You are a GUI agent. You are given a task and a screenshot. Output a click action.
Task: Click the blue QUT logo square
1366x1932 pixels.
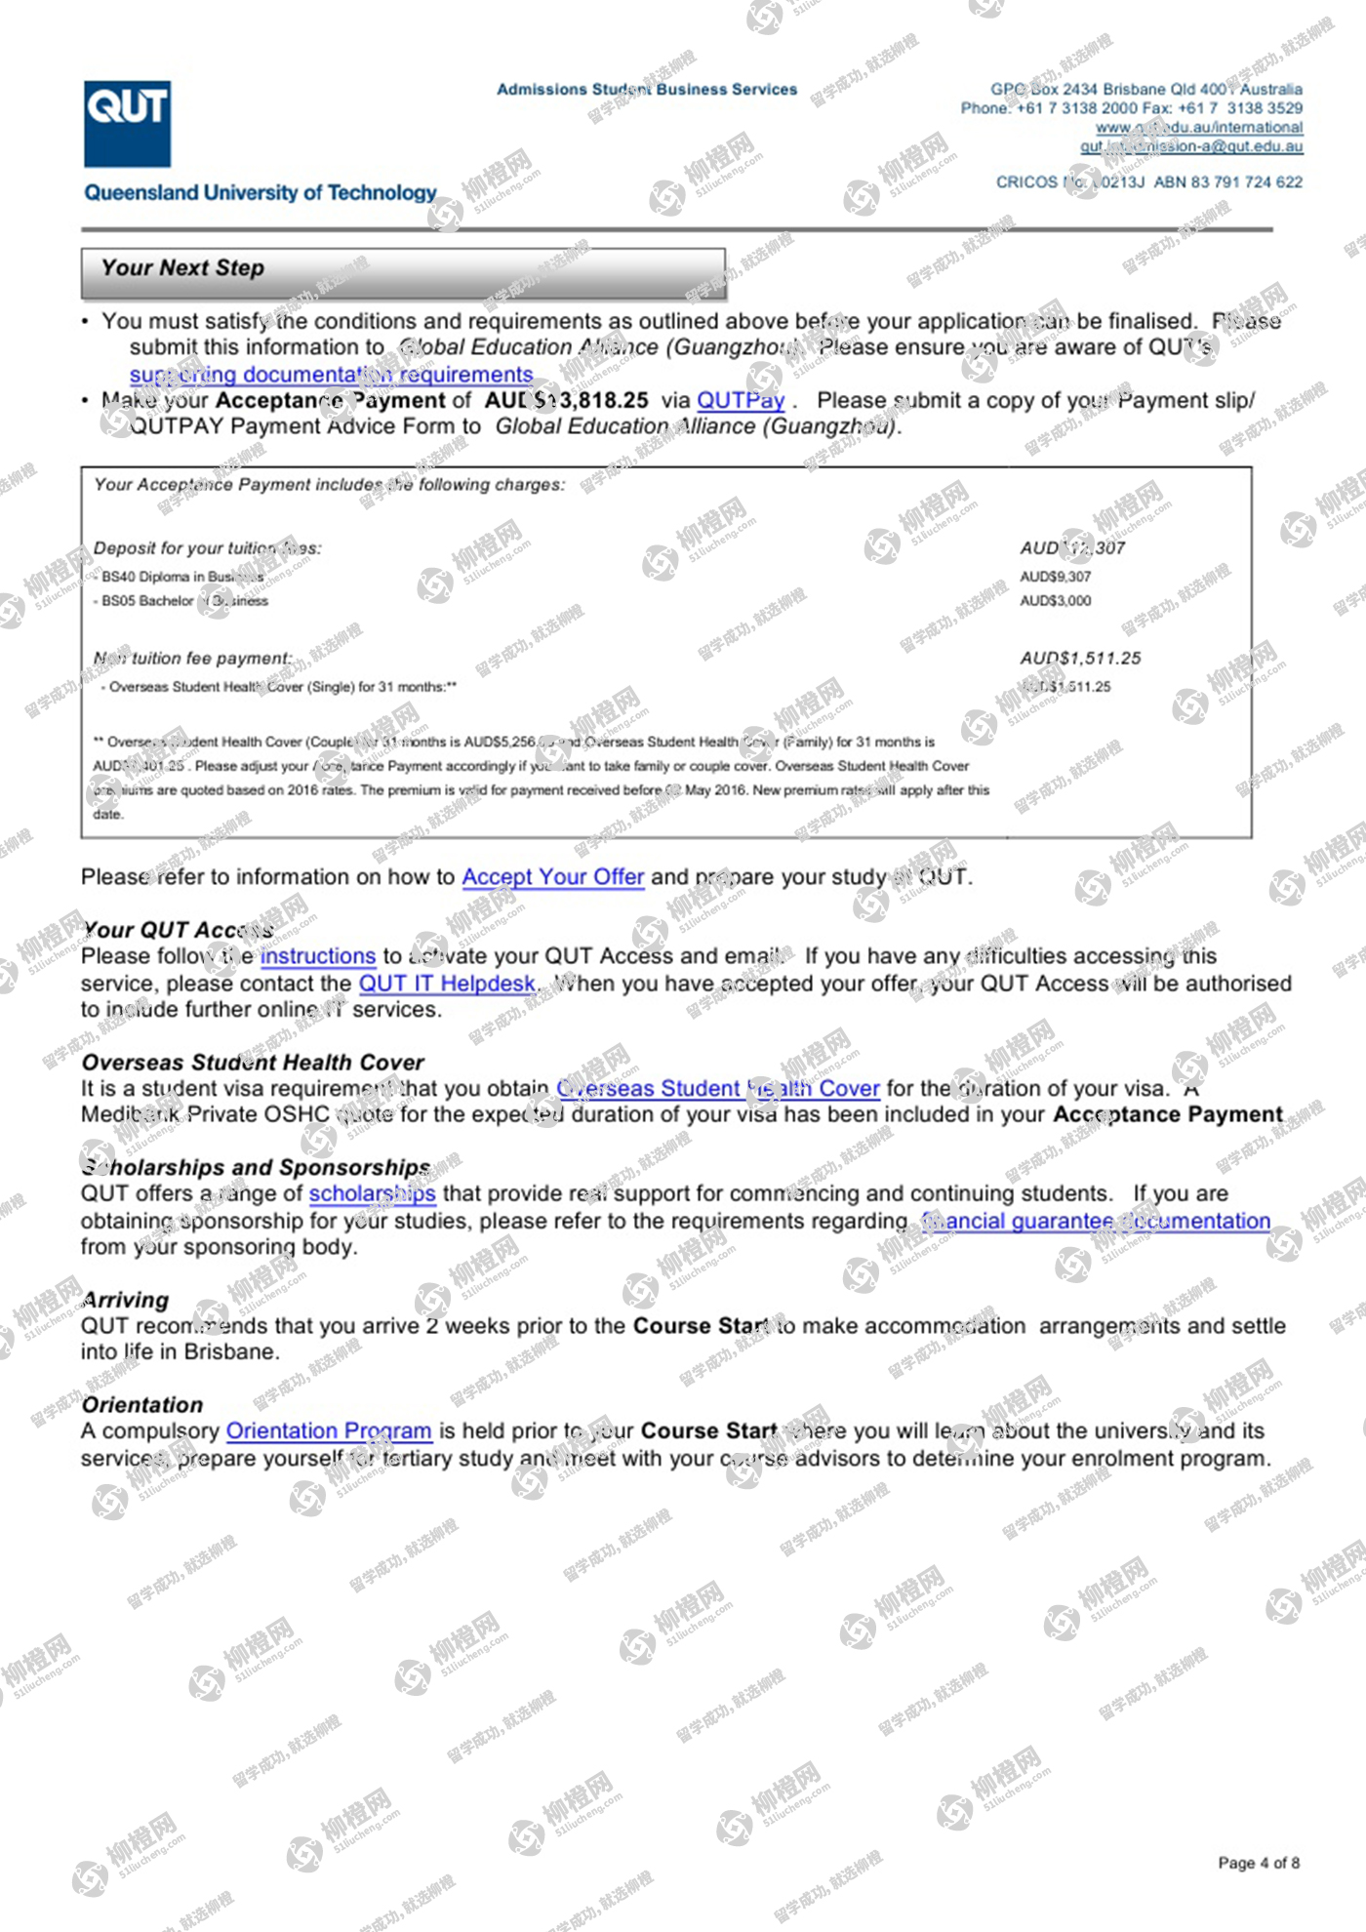127,124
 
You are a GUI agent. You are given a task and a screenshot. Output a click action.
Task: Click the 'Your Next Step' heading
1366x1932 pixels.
182,268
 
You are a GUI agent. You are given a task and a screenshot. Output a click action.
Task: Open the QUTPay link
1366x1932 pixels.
741,400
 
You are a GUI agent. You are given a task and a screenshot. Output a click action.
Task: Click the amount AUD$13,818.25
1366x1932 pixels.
567,400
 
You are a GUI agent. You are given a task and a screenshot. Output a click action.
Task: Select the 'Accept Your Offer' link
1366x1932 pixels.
552,877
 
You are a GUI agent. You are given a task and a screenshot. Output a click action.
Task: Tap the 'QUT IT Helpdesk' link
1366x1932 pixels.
447,984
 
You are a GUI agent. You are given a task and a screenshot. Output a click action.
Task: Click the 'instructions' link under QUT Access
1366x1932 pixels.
317,956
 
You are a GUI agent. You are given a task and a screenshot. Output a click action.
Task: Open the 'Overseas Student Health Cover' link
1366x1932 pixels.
718,1089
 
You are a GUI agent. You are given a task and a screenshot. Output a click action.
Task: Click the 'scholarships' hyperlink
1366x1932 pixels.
372,1194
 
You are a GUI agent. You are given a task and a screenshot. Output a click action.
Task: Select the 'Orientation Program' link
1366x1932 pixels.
329,1431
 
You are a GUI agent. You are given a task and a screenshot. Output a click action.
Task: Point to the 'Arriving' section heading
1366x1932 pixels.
126,1301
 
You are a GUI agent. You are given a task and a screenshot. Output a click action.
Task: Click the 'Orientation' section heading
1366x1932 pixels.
142,1405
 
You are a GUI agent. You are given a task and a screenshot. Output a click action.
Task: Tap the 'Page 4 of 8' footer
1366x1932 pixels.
1259,1863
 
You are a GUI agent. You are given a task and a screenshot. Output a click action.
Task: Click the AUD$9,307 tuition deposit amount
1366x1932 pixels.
1056,577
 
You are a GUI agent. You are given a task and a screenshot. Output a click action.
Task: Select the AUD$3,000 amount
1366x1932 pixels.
1056,601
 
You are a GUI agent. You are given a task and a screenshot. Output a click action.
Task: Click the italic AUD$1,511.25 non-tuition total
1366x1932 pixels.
1080,659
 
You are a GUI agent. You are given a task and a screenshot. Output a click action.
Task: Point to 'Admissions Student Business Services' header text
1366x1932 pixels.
647,90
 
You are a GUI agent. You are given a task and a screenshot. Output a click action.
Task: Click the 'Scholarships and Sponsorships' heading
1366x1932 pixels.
256,1168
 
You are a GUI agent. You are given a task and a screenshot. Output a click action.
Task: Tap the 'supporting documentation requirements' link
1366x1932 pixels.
331,375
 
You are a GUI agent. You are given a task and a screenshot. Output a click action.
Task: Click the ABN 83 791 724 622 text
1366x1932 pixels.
1227,182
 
